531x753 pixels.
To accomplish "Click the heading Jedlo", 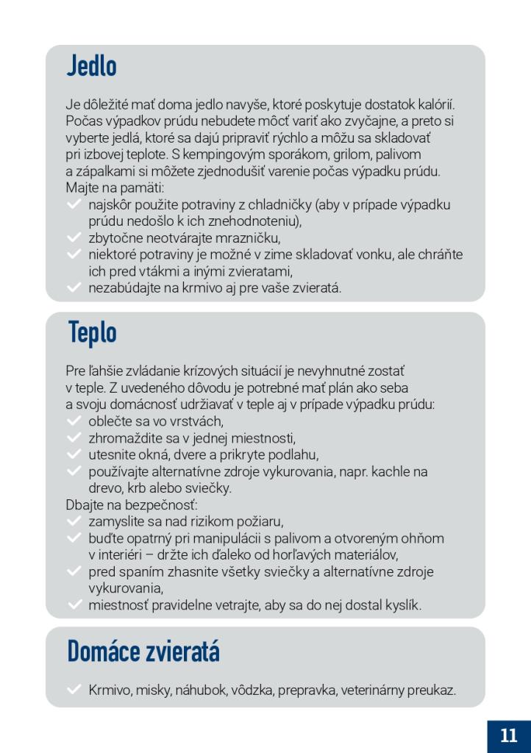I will pos(92,66).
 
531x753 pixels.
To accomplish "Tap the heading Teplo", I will pos(93,332).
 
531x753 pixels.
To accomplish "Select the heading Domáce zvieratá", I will pos(143,651).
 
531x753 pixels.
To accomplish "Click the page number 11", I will pos(508,735).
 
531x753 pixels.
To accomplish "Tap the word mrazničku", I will pos(249,238).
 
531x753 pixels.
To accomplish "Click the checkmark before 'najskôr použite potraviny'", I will pos(74,204).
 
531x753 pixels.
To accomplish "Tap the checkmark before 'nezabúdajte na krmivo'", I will pos(74,288).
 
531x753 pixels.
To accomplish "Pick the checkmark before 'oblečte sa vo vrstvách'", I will pos(74,421).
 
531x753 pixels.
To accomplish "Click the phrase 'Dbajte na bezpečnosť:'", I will pos(132,505).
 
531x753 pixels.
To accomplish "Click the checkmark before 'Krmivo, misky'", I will pos(74,690).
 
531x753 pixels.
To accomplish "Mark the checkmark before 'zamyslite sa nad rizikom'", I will pos(74,521).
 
